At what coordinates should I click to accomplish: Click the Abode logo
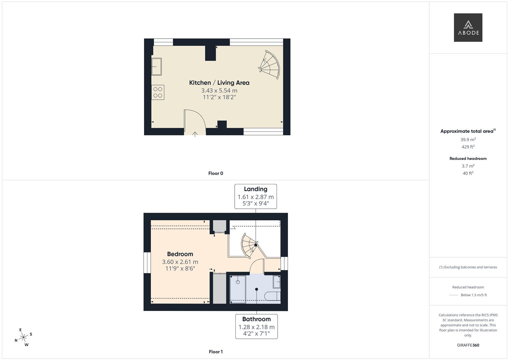[468, 28]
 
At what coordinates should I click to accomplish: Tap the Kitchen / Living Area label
[219, 83]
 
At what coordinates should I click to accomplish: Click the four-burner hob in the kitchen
[158, 92]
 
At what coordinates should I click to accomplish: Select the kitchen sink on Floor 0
[157, 66]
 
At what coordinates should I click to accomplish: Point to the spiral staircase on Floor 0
[270, 65]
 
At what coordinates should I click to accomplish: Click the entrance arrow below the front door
[195, 134]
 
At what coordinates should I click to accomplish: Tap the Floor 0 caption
[216, 173]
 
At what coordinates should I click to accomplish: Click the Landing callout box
[256, 196]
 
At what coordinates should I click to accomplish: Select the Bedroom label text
[180, 254]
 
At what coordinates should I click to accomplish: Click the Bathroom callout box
[256, 326]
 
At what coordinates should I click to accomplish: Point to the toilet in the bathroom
[272, 296]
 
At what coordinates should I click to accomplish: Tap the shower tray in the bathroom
[238, 289]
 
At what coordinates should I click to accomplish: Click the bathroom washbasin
[277, 282]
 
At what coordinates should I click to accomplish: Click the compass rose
[23, 337]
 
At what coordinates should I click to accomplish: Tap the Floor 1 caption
[216, 352]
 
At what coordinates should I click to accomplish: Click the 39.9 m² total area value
[468, 140]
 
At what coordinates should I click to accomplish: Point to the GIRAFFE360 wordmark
[468, 345]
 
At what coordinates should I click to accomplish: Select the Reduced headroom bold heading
[468, 159]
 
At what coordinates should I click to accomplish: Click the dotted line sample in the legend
[454, 295]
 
